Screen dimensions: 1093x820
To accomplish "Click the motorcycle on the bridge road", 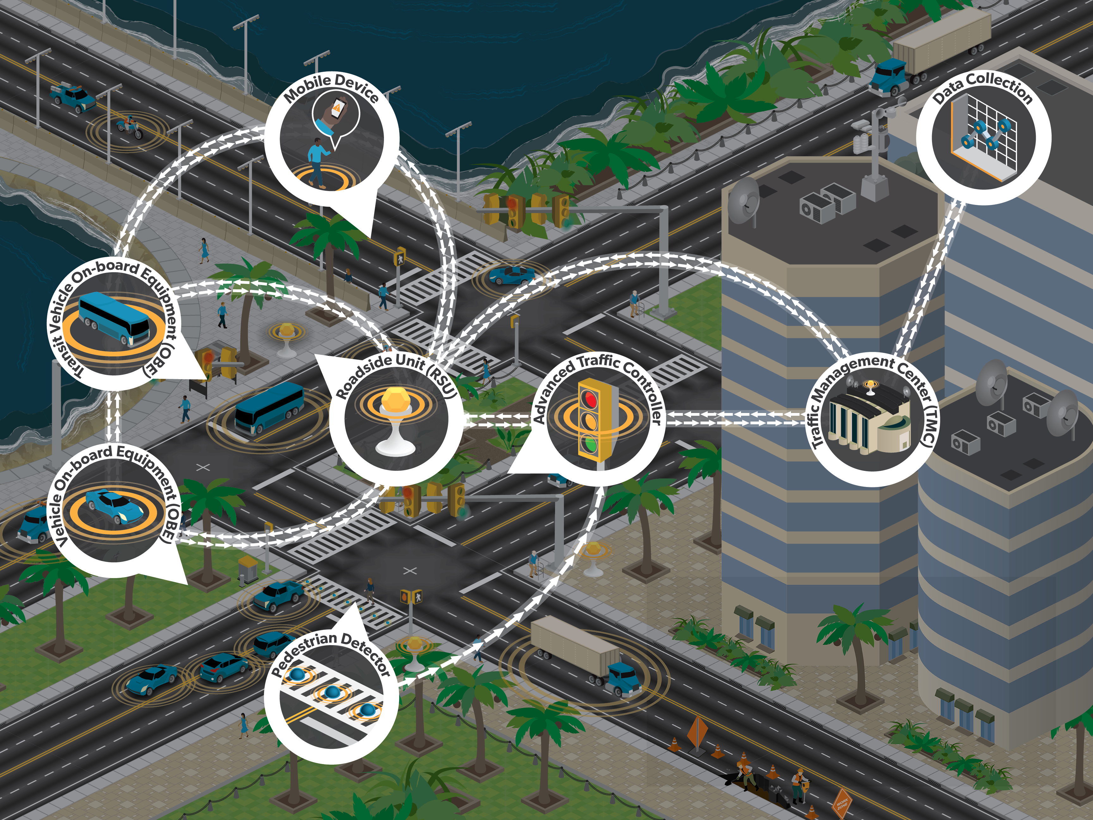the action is point(129,127).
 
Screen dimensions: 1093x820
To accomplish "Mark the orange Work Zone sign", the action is point(842,801).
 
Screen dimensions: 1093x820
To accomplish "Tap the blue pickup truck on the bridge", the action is point(73,97).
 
